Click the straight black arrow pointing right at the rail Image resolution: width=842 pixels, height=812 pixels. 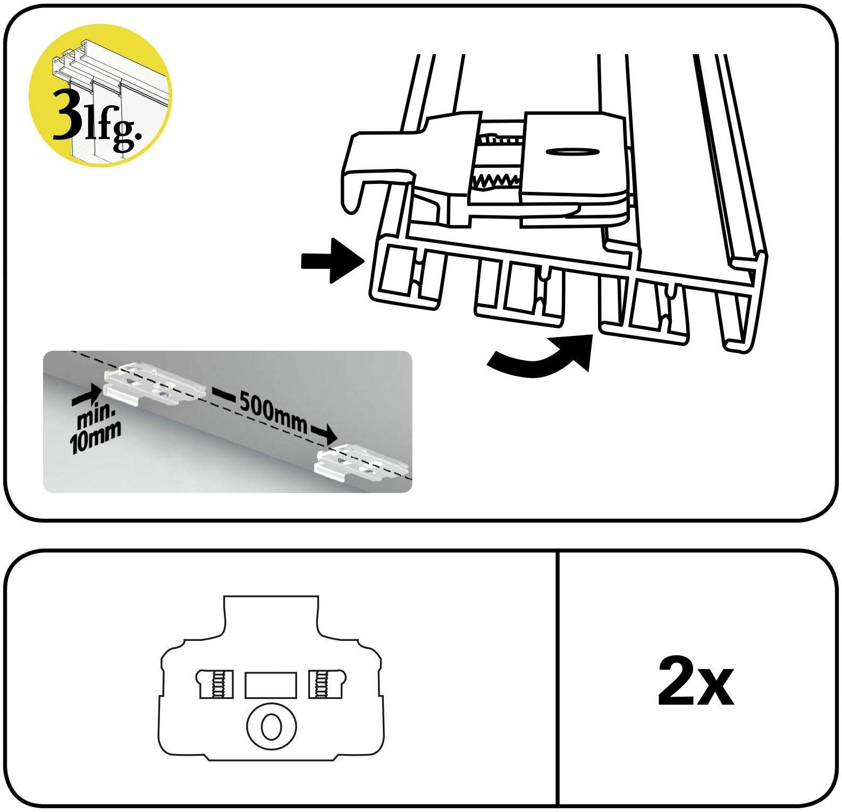coord(332,260)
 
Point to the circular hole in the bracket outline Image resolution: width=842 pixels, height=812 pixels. coord(271,725)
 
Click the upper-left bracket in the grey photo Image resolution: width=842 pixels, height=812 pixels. coord(155,384)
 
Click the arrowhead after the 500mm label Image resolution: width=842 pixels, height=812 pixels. coord(327,433)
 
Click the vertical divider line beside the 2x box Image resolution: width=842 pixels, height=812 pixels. coord(557,677)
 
